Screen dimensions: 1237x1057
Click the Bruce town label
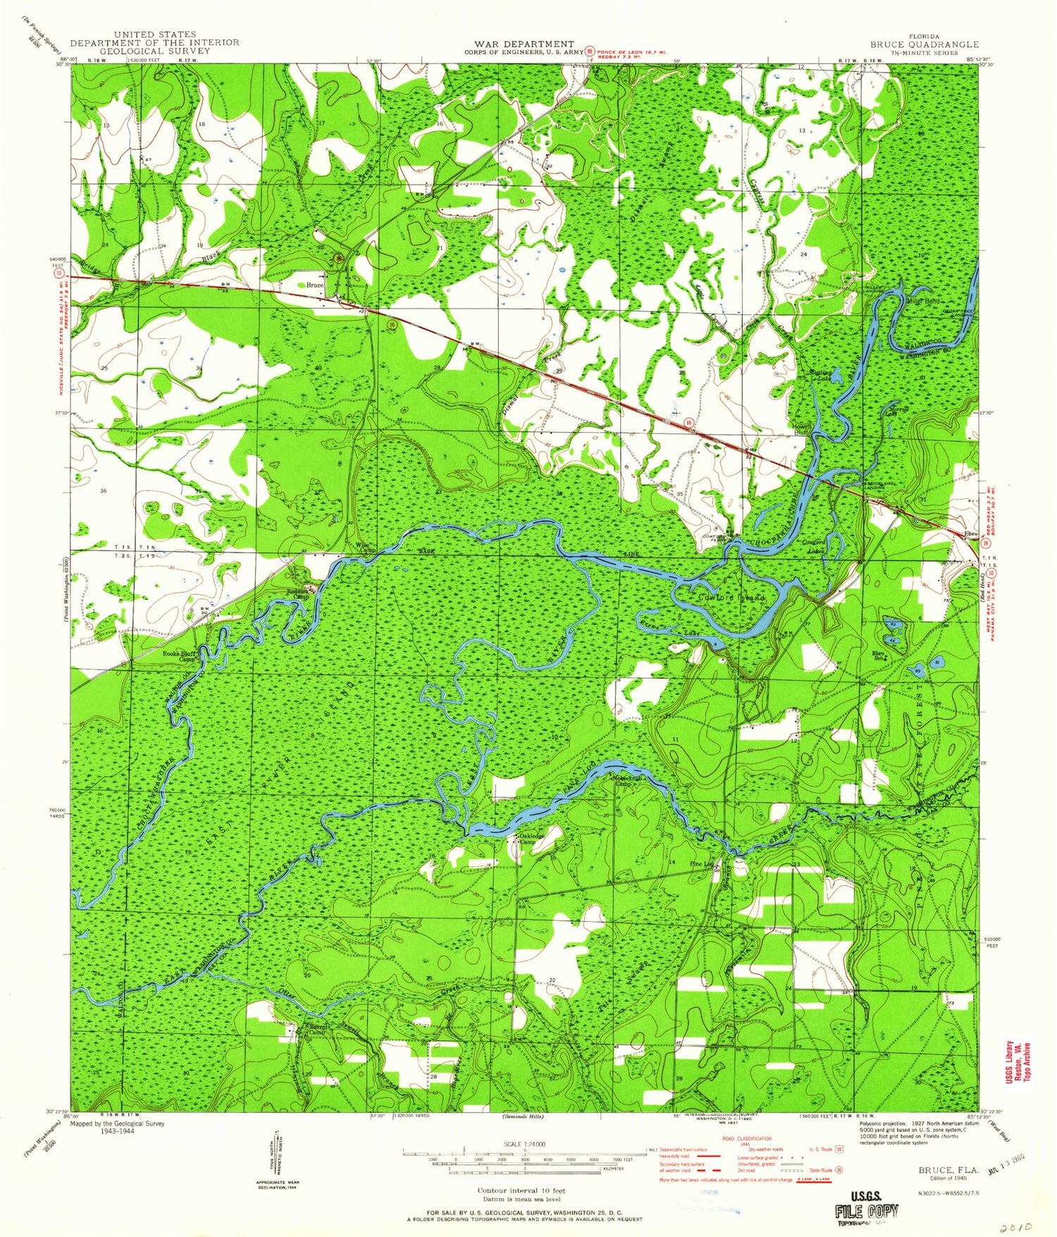coord(314,285)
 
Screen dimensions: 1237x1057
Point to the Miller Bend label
coord(924,301)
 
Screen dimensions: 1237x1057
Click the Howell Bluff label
coord(800,429)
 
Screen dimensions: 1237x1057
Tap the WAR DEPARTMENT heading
coord(519,44)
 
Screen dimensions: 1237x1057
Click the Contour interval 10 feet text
coord(521,1190)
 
